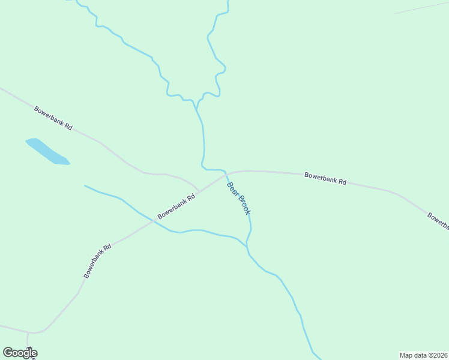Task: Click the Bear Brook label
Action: coord(239,197)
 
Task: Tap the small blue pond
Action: coord(47,152)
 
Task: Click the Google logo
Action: coord(20,353)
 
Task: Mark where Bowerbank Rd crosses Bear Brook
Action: coord(227,173)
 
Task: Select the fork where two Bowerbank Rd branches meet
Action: coord(199,191)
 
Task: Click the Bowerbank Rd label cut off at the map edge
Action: coord(438,221)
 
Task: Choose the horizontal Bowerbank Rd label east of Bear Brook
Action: coord(325,178)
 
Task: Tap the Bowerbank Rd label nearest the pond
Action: coord(53,118)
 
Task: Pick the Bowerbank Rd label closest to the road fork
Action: coord(176,206)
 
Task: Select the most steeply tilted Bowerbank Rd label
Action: coord(98,260)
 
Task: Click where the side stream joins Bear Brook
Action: coord(247,245)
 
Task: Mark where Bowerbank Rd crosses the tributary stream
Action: coord(154,221)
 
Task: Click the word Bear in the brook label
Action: coord(232,188)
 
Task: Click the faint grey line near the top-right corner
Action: coord(420,7)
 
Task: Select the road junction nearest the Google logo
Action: coord(28,332)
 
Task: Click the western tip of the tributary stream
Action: coord(85,186)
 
